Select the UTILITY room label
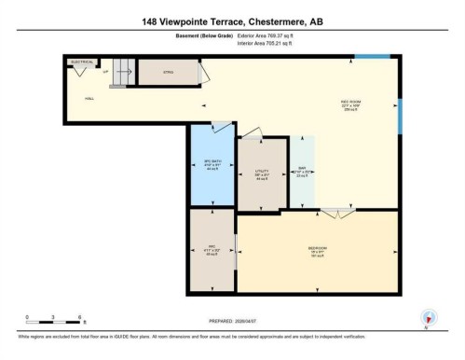click(262, 173)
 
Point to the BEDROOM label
click(318, 249)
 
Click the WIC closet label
click(212, 249)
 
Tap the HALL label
click(89, 97)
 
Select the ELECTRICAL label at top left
click(82, 62)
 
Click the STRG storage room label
click(170, 71)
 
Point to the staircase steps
click(118, 74)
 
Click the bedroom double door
click(345, 214)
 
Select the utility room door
click(265, 138)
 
